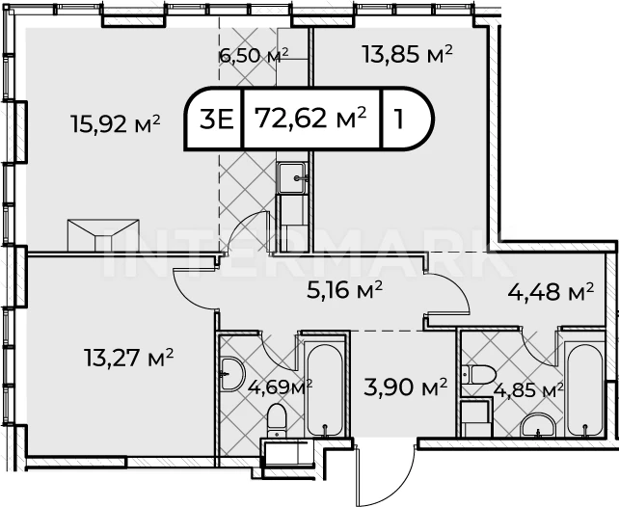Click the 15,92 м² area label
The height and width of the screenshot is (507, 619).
point(116,123)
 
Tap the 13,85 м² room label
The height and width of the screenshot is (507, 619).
point(408,54)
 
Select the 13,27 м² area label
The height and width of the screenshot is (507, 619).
point(128,357)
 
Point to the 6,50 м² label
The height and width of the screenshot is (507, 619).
point(254,56)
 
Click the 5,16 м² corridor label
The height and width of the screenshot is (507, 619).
point(344,290)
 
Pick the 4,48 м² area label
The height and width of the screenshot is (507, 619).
point(551,292)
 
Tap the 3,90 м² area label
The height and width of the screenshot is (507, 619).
point(405,387)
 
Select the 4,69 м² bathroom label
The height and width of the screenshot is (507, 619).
point(281,387)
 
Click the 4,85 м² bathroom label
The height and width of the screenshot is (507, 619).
point(528,390)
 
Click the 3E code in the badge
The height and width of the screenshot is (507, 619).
point(217,120)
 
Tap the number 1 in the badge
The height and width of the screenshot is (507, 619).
point(399,120)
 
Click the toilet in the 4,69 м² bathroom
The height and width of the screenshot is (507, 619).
point(277,420)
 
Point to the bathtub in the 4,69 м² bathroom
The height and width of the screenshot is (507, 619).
point(325,390)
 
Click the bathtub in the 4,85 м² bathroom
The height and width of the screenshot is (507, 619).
point(585,390)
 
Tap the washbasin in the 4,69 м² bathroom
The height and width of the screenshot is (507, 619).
point(232,374)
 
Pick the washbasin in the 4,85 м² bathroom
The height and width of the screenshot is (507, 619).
point(538,425)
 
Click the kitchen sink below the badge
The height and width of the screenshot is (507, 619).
point(292,178)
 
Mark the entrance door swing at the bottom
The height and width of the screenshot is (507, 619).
point(385,471)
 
